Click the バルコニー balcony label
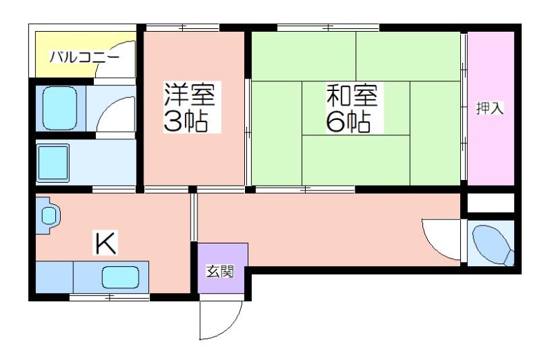click(84, 57)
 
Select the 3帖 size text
click(186, 121)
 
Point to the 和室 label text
click(352, 95)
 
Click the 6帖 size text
click(348, 122)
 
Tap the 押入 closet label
click(490, 108)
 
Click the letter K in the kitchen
click(106, 243)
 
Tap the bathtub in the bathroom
click(59, 108)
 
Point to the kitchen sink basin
click(120, 277)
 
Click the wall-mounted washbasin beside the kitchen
click(48, 215)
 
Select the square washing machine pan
click(53, 163)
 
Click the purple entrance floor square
click(223, 268)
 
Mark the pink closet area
click(491, 108)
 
